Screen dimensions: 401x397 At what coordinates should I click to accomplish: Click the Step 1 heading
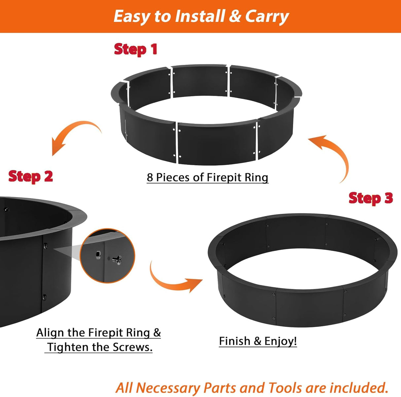(x=135, y=49)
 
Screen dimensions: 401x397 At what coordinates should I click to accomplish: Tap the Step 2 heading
(x=31, y=176)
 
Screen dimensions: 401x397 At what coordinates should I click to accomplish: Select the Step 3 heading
(x=371, y=198)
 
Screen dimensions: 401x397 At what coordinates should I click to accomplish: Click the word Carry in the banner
(x=267, y=17)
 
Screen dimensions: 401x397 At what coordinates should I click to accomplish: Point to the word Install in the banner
(x=200, y=16)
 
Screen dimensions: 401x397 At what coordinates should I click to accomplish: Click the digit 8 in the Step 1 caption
(x=150, y=178)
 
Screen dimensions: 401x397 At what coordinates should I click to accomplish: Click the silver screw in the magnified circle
(x=117, y=260)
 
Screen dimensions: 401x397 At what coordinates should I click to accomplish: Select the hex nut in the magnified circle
(x=98, y=254)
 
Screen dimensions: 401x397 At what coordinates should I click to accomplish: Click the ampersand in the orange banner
(x=235, y=17)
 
